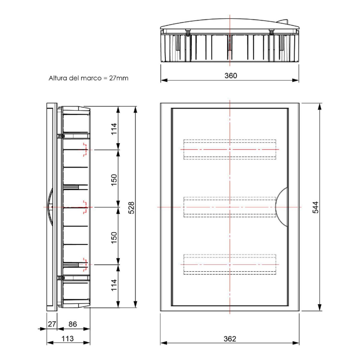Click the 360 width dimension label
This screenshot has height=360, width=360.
pyautogui.click(x=230, y=76)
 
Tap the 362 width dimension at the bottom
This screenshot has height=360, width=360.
pyautogui.click(x=230, y=339)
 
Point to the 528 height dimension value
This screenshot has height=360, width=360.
pyautogui.click(x=131, y=207)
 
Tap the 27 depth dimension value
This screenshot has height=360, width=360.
pyautogui.click(x=52, y=324)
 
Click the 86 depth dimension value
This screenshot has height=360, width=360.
pyautogui.click(x=73, y=324)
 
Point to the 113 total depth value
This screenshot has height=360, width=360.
pyautogui.click(x=67, y=339)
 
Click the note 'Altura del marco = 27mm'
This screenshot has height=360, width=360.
pyautogui.click(x=88, y=78)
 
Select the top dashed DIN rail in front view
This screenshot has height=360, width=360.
pyautogui.click(x=229, y=149)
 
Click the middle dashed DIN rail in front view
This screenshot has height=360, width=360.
pyautogui.click(x=229, y=207)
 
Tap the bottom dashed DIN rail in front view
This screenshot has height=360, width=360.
pyautogui.click(x=229, y=264)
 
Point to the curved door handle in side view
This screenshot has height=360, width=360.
pyautogui.click(x=50, y=207)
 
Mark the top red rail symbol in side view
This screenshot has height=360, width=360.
pyautogui.click(x=85, y=149)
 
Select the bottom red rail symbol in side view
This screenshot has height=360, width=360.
pyautogui.click(x=85, y=264)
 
